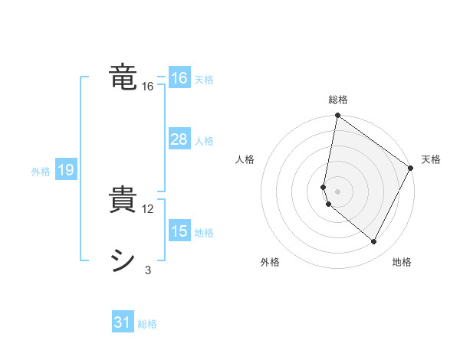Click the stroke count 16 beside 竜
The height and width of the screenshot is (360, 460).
(148, 87)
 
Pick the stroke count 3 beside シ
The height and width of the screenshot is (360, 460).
(148, 270)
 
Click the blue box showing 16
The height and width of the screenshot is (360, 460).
(179, 78)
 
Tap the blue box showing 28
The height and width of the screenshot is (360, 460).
(179, 139)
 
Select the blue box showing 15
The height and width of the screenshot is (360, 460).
(179, 231)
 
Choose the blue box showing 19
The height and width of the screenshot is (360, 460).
(66, 170)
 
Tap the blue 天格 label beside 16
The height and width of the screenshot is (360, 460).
(204, 80)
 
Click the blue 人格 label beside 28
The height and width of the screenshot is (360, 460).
(204, 141)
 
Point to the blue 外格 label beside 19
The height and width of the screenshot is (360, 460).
(41, 172)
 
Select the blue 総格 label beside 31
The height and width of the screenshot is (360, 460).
(147, 324)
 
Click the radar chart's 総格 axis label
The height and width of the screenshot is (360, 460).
(337, 100)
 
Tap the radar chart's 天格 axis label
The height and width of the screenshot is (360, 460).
(431, 159)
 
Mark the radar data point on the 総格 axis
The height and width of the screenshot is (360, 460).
(337, 116)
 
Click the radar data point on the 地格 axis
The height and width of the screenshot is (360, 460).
(374, 242)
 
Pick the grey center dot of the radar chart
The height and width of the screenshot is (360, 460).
(337, 191)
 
